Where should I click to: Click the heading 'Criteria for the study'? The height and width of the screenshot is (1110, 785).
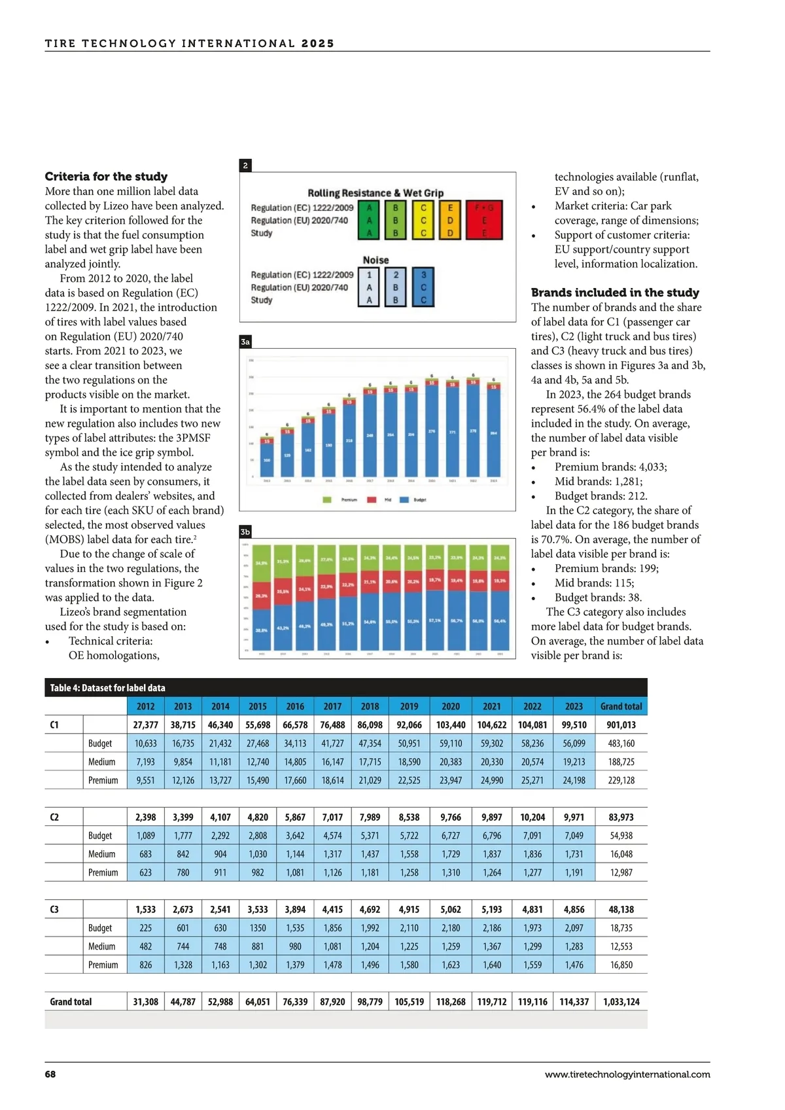(x=106, y=177)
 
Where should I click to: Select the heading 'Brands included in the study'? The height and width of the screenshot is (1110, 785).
(x=615, y=293)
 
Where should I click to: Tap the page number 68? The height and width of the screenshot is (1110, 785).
(x=50, y=1074)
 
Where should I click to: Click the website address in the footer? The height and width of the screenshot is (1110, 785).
(x=627, y=1074)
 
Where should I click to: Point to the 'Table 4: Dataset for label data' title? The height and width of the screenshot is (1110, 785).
(x=108, y=688)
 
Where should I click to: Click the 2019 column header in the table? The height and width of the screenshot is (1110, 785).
(x=409, y=706)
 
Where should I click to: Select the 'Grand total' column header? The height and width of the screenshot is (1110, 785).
(x=621, y=706)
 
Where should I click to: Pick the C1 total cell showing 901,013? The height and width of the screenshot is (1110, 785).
(x=621, y=725)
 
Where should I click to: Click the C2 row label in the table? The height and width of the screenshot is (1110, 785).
(x=54, y=817)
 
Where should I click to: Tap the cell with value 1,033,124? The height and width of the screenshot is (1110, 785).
(x=621, y=1001)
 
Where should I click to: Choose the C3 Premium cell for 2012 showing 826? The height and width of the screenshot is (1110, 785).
(x=145, y=965)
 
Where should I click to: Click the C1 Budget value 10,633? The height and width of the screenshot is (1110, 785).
(x=145, y=743)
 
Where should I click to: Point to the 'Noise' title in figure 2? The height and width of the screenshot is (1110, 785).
(x=375, y=260)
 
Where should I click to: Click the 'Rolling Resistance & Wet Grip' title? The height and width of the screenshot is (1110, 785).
(x=375, y=193)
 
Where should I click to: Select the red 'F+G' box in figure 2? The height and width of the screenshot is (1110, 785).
(x=484, y=219)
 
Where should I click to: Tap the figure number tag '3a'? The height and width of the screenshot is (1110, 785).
(x=245, y=342)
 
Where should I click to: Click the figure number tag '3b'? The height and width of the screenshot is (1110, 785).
(x=245, y=532)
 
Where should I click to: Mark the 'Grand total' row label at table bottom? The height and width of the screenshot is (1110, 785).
(x=71, y=1001)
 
